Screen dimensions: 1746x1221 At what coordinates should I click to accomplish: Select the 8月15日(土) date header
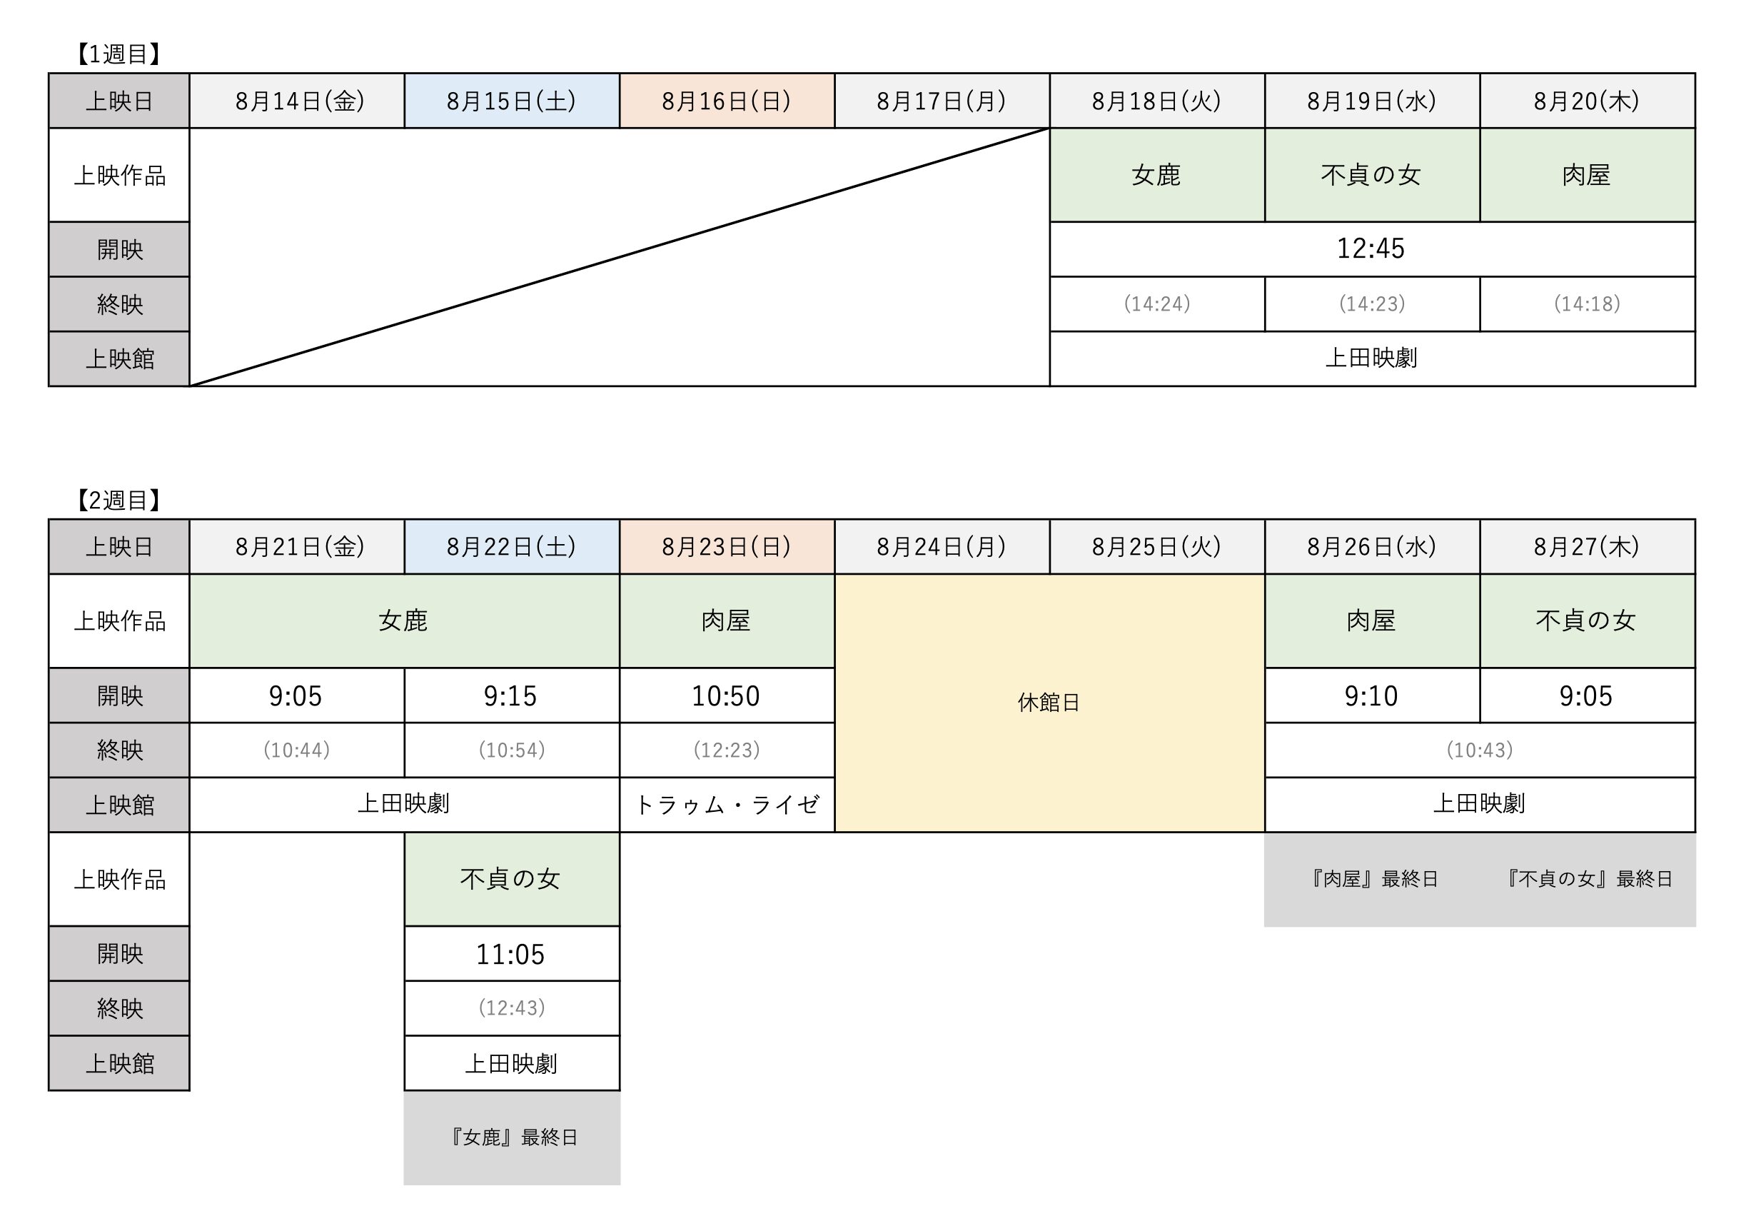tap(511, 101)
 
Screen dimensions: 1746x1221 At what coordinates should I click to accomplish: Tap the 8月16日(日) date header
tap(726, 101)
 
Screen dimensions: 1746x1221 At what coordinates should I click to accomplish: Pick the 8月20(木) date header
tap(1586, 101)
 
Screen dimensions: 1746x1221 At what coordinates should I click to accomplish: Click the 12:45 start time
tap(1371, 248)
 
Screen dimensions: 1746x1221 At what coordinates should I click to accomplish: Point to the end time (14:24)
tap(1156, 303)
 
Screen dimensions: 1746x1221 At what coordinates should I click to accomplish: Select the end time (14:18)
tap(1587, 303)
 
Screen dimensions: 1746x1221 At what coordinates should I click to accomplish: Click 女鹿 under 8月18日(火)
tap(1156, 175)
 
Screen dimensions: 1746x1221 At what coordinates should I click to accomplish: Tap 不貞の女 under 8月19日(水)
tap(1371, 175)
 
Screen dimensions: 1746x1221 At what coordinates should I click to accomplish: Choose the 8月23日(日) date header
tap(726, 546)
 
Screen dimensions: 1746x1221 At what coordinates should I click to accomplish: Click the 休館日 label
tap(1049, 702)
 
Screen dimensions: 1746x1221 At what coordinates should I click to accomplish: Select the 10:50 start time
tap(725, 696)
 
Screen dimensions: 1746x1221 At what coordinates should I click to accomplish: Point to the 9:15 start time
tap(510, 696)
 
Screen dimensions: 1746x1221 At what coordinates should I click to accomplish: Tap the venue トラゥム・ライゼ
tap(726, 804)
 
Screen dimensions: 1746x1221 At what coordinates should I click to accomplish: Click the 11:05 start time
tap(510, 954)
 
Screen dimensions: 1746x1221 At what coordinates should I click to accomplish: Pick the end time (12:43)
tap(512, 1008)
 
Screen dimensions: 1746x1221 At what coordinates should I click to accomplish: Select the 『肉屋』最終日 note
tap(1372, 880)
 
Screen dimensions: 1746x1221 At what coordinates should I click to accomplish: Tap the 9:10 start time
tap(1371, 696)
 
